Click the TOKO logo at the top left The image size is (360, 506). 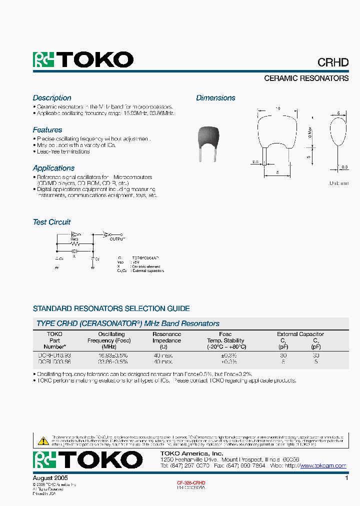(x=83, y=60)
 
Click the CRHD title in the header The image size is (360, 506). (x=333, y=62)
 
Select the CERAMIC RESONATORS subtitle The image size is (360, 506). (x=306, y=78)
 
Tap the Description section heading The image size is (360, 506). (x=52, y=98)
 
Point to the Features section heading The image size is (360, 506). (x=47, y=130)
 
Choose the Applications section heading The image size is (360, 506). (x=53, y=168)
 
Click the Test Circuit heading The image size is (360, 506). (x=51, y=222)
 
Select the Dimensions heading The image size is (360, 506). (x=215, y=98)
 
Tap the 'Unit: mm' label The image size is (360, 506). (x=338, y=183)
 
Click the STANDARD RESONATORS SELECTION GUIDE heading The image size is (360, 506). (x=111, y=308)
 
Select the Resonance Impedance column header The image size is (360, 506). (x=166, y=340)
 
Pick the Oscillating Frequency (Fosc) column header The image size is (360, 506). (x=111, y=340)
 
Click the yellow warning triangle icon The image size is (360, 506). (x=43, y=441)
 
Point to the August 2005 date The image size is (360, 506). (x=50, y=478)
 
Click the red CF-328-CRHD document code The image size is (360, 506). (x=191, y=482)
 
